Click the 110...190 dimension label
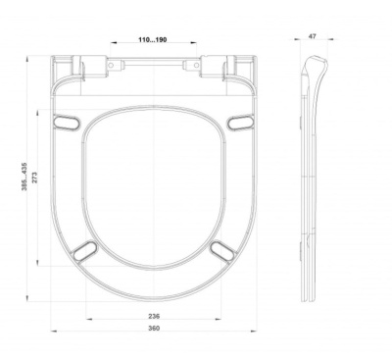pyautogui.click(x=153, y=39)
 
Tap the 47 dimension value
pyautogui.click(x=313, y=36)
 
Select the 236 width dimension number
pyautogui.click(x=154, y=316)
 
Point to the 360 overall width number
pyautogui.click(x=154, y=328)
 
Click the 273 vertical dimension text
pyautogui.click(x=35, y=177)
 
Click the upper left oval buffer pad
pyautogui.click(x=67, y=123)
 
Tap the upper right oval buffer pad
pyautogui.click(x=241, y=123)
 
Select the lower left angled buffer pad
pyautogui.click(x=84, y=251)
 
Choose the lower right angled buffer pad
pyautogui.click(x=223, y=251)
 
